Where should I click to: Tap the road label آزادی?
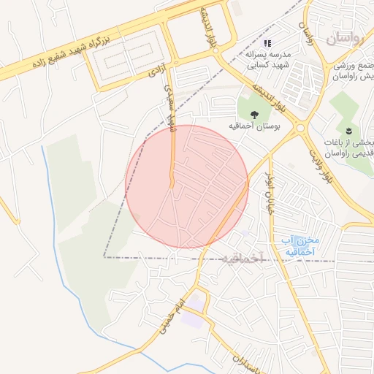click(156, 70)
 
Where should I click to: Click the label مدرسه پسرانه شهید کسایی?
click(267, 60)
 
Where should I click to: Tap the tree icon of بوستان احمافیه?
click(254, 114)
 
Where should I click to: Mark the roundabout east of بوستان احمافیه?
click(300, 129)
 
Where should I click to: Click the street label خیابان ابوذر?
click(268, 189)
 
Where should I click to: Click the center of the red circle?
click(187, 187)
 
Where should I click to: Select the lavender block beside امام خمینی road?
click(193, 319)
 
